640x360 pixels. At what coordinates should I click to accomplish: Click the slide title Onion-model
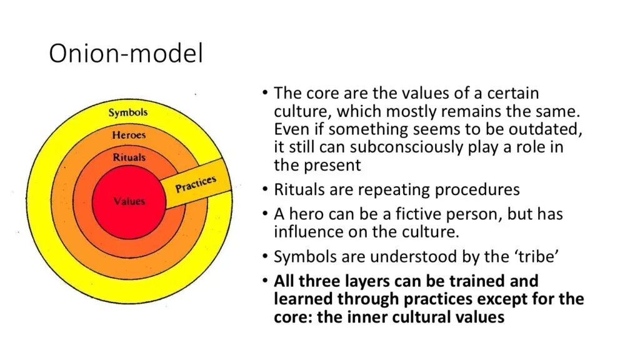click(x=126, y=54)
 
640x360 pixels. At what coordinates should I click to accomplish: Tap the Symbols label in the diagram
click(x=128, y=112)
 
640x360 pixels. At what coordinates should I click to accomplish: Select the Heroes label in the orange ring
click(x=129, y=135)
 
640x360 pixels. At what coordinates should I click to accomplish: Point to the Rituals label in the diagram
click(x=129, y=157)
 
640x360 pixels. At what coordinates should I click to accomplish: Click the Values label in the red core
click(x=129, y=201)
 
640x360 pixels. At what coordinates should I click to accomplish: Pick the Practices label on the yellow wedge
click(x=196, y=184)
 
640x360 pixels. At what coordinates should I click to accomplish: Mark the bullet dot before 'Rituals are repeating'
click(x=266, y=188)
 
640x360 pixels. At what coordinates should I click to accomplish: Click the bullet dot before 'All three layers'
click(x=266, y=280)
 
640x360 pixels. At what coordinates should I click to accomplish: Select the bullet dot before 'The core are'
click(x=266, y=93)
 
